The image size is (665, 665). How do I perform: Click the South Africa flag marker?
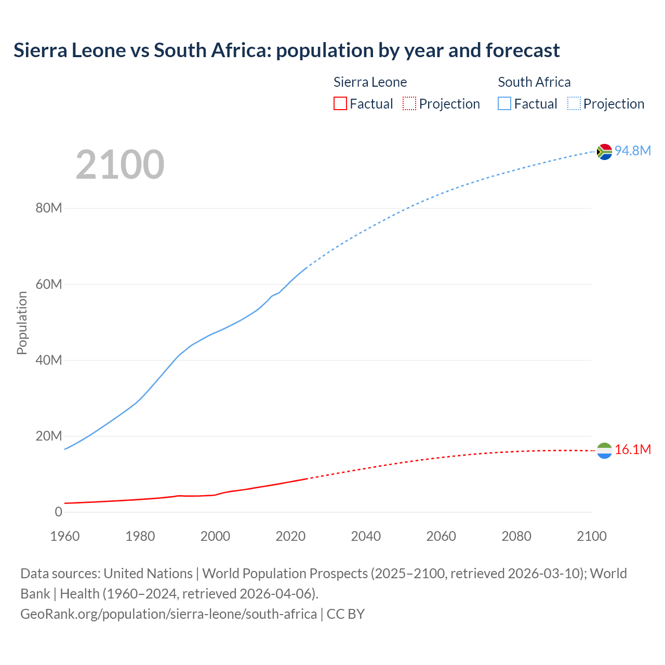click(x=604, y=152)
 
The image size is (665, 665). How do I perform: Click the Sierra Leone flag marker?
click(x=604, y=450)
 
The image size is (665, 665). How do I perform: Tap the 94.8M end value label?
click(x=632, y=151)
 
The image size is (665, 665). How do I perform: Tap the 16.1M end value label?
click(x=632, y=449)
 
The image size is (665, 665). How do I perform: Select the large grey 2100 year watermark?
click(x=120, y=165)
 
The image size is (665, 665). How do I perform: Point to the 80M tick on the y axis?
click(x=49, y=208)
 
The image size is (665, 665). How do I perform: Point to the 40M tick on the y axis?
click(x=49, y=360)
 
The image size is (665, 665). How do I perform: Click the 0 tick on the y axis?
click(x=58, y=512)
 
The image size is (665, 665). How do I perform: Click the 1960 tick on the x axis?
click(x=65, y=536)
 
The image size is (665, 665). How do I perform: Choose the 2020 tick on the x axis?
click(x=290, y=536)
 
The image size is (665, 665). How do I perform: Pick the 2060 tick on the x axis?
click(x=441, y=536)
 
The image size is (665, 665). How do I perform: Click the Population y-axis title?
click(x=22, y=323)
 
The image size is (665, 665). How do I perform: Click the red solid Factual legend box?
click(x=340, y=104)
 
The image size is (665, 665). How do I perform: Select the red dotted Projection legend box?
click(x=409, y=104)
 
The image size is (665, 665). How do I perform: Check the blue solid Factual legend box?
click(x=504, y=104)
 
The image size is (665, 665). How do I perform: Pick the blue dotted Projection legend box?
click(x=574, y=104)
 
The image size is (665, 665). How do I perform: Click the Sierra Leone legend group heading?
click(x=370, y=82)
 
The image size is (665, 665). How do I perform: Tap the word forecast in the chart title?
click(x=523, y=50)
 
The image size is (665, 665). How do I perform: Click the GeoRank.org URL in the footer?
click(x=168, y=614)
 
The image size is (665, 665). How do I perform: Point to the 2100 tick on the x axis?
click(x=591, y=536)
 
